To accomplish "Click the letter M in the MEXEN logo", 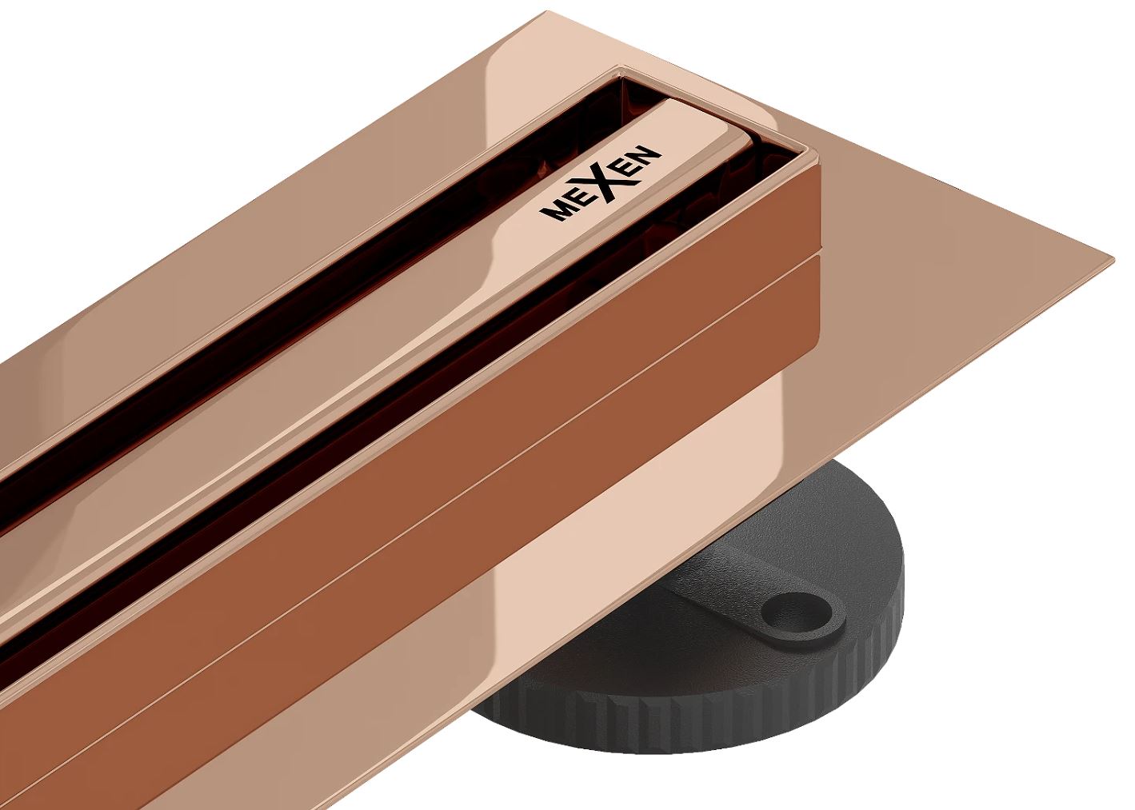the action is click(x=557, y=210).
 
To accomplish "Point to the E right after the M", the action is click(x=578, y=196).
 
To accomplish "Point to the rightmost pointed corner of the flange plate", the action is click(x=1113, y=259).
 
